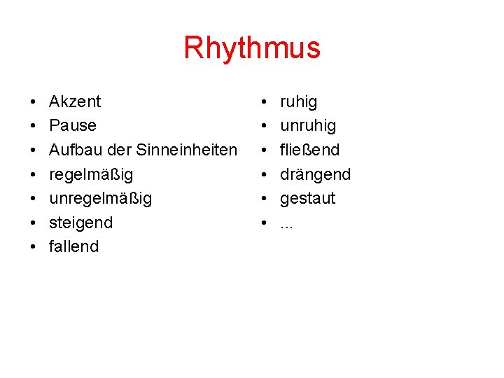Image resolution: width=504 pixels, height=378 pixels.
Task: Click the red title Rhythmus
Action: point(252,48)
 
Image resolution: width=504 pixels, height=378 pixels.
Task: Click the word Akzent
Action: point(75,101)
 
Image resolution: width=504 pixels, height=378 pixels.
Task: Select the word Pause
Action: point(73,126)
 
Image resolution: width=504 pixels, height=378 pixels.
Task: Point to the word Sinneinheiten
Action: point(186,150)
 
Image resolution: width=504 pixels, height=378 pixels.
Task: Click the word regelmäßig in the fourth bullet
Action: point(91,174)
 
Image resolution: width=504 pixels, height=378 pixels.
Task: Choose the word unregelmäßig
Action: point(100,198)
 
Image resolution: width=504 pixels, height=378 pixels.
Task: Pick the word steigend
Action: point(80,223)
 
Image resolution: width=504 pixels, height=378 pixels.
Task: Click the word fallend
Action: point(73,246)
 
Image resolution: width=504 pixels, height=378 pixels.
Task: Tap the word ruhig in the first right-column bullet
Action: point(298,102)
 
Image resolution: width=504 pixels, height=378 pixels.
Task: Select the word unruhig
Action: point(308,126)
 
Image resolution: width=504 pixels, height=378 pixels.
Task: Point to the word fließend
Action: point(309,150)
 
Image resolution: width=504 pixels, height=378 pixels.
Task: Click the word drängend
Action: point(315,174)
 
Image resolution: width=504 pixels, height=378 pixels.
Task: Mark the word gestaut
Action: point(307,198)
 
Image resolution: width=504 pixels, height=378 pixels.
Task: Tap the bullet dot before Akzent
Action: point(34,102)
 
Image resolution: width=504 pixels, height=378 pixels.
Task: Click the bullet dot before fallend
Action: point(34,247)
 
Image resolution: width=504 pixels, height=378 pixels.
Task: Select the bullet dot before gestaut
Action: point(265,199)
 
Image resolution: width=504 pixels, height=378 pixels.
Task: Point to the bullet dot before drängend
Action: point(265,174)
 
